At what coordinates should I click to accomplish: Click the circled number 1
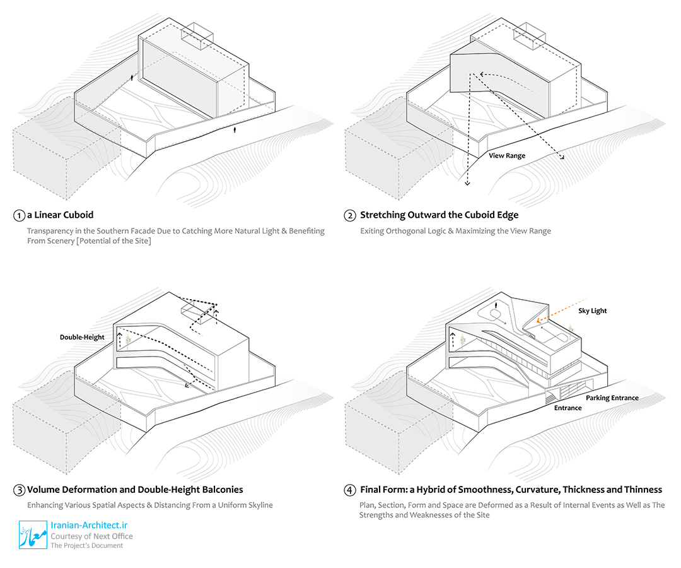[20, 215]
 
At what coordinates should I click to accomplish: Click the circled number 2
[350, 215]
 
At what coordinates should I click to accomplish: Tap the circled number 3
[20, 490]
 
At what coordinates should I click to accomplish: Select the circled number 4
[350, 490]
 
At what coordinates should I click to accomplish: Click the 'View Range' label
[506, 155]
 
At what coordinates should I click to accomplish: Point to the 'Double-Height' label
[82, 337]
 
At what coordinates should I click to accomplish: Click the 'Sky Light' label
[593, 311]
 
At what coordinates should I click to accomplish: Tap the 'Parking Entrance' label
[612, 398]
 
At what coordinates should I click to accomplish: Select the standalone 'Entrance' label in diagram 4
[567, 408]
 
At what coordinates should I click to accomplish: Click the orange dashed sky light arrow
[564, 311]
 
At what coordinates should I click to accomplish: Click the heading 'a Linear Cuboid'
[60, 215]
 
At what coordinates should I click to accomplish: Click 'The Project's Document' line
[87, 545]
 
